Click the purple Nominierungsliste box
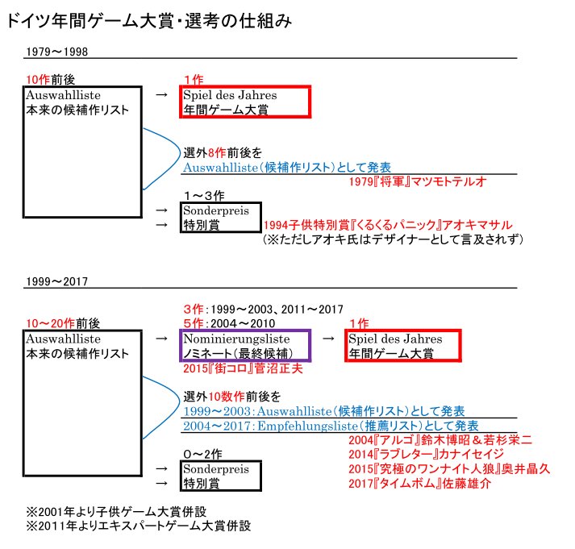[x=246, y=346]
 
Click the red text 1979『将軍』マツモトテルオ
[x=418, y=182]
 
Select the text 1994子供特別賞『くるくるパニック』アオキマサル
[x=388, y=226]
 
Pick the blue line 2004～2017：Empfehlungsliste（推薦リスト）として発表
[x=331, y=425]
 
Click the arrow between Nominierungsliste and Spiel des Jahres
[x=327, y=339]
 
